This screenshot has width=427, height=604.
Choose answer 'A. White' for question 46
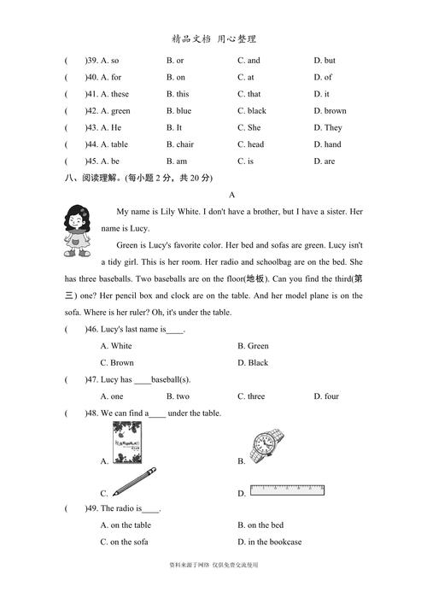click(x=116, y=346)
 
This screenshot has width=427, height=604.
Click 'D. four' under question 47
click(x=326, y=396)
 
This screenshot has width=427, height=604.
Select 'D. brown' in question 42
click(x=330, y=111)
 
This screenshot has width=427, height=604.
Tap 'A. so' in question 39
click(x=110, y=61)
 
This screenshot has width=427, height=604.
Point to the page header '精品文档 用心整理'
click(x=213, y=38)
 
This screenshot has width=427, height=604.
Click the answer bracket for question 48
click(x=76, y=413)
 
